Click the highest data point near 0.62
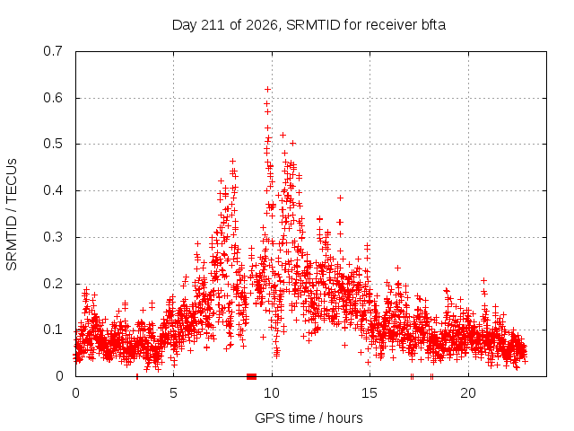[267, 90]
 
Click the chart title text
[309, 25]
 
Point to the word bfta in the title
[433, 25]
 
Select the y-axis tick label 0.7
[53, 51]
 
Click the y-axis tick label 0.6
[53, 98]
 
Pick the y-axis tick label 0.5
[53, 144]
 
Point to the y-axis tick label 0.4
[53, 190]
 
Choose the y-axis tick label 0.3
[53, 237]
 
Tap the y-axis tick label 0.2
[53, 284]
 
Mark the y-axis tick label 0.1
[53, 330]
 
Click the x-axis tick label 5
[173, 393]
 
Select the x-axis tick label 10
[272, 393]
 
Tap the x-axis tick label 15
[370, 393]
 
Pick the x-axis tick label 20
[468, 393]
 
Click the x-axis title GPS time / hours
[309, 418]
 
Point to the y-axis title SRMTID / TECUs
[12, 215]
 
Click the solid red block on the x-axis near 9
[251, 376]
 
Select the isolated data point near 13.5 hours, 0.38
[341, 198]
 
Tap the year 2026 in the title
[262, 25]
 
